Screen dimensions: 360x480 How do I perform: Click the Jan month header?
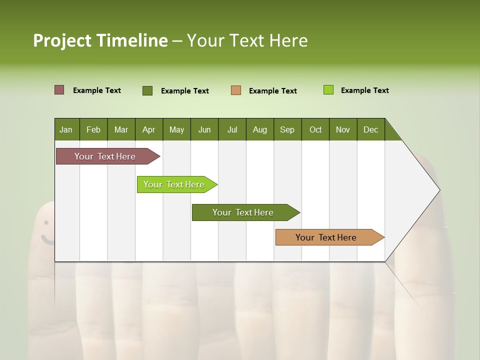66,129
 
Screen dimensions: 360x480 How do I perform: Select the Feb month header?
93,129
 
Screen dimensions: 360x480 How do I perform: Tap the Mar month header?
121,129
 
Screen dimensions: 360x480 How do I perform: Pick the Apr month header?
149,129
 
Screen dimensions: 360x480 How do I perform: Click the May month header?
176,129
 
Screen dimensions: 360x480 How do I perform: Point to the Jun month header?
204,129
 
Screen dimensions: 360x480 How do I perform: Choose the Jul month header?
232,129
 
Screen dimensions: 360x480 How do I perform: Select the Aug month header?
260,129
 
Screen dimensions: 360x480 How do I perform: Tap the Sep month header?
287,129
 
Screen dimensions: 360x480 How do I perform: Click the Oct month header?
315,129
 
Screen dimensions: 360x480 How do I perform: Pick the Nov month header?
343,129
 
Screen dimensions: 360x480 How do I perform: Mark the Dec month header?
371,129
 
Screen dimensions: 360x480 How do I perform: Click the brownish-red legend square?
59,90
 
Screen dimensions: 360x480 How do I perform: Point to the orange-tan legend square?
236,90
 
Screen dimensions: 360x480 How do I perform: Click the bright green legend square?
328,90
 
